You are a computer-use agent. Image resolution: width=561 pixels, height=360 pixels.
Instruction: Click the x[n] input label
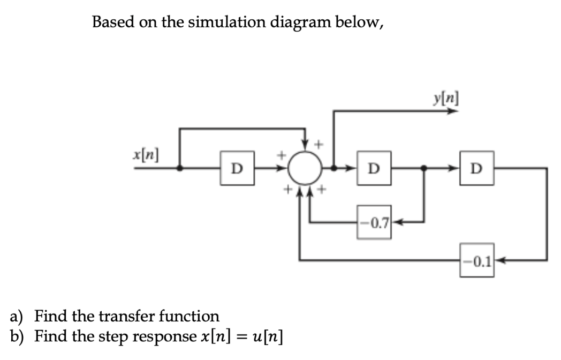[145, 154]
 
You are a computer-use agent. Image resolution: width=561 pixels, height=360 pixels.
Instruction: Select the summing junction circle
[305, 168]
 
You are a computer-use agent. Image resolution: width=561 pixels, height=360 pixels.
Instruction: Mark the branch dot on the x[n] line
[179, 168]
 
